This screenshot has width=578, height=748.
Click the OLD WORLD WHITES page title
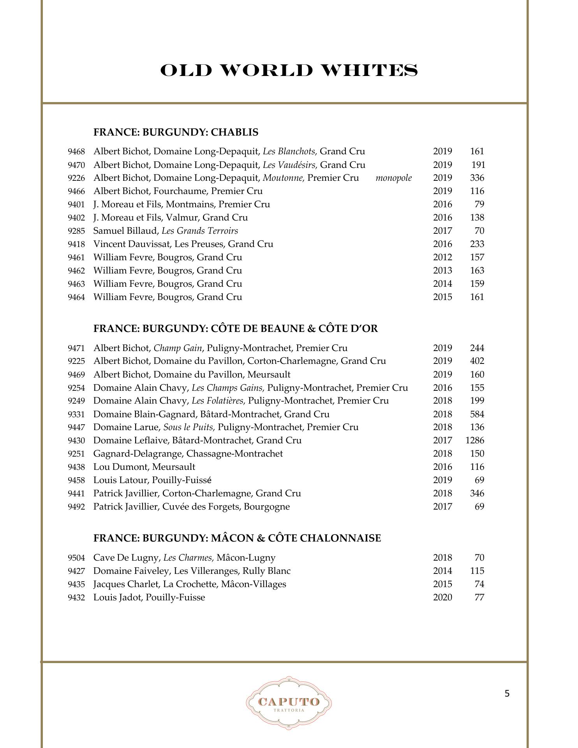(289, 71)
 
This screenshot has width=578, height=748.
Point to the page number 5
(507, 694)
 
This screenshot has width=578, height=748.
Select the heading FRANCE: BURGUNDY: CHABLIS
(176, 132)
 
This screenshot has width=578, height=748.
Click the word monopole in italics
(393, 178)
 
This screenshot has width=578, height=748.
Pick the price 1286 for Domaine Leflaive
(474, 441)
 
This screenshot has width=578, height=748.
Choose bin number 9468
(76, 152)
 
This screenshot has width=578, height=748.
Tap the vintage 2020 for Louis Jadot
(442, 598)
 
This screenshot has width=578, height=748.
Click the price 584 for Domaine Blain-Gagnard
(477, 414)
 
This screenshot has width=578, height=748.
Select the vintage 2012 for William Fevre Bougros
(442, 258)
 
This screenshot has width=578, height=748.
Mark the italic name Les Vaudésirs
(290, 165)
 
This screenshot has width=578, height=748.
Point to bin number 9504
(76, 558)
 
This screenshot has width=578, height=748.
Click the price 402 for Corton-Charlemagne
(477, 361)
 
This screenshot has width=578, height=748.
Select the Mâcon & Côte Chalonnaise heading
(237, 538)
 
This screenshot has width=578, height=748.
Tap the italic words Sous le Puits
(189, 427)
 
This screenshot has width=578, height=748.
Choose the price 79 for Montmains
(479, 205)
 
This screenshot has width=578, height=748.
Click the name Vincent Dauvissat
(132, 244)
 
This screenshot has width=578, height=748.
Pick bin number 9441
(76, 494)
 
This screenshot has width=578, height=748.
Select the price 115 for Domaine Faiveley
(477, 571)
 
